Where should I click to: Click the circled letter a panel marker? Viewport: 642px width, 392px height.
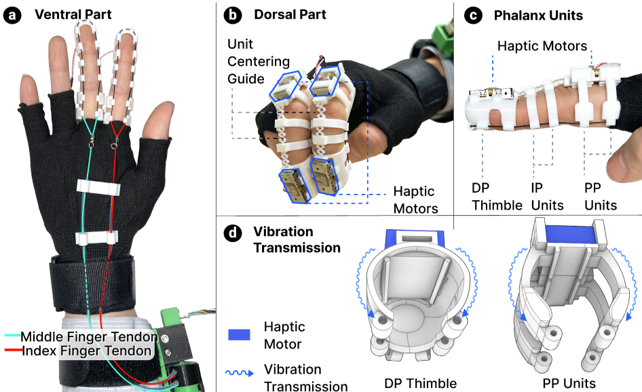12,15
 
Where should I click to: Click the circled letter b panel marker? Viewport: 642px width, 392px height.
233,15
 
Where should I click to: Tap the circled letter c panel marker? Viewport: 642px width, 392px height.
473,16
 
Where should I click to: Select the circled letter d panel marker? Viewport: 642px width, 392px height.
233,233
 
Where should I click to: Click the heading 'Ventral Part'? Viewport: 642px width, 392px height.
73,14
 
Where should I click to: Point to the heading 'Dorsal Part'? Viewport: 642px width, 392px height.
290,14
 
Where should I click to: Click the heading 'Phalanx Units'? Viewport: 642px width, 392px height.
538,15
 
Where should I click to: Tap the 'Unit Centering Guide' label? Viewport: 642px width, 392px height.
259,62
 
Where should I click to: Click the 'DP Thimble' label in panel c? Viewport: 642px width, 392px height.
497,197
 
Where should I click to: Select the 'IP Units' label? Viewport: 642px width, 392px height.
547,197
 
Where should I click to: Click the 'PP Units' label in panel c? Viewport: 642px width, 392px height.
600,197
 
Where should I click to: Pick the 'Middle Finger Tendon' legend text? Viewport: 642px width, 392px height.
89,337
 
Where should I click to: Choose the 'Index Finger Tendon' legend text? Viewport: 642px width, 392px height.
86,351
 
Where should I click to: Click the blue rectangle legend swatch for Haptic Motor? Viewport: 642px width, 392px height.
239,335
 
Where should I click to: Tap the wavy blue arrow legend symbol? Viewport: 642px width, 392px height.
240,373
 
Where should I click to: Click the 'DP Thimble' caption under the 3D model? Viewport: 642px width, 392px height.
421,383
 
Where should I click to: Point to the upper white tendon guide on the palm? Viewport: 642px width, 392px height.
98,188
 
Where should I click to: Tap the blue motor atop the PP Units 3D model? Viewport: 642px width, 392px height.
569,235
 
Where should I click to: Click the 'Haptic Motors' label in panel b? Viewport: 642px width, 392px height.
415,200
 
